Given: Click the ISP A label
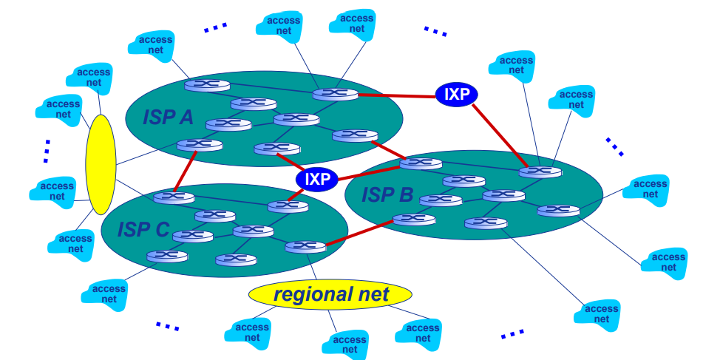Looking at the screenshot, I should click(169, 115).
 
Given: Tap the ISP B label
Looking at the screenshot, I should click(387, 195).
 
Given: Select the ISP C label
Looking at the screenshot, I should click(143, 229).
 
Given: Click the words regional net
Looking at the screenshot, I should click(330, 294).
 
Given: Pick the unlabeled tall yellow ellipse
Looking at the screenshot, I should click(101, 165).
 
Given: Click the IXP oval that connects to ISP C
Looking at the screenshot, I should click(317, 179).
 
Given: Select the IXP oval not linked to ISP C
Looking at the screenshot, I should click(456, 94).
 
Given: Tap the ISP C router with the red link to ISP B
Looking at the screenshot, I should click(305, 247).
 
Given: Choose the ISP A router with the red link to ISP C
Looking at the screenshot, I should click(195, 145).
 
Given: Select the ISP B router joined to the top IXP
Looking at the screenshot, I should click(540, 171).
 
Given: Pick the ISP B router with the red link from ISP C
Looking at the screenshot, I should click(414, 219).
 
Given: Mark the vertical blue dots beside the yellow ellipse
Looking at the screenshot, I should click(46, 150).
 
